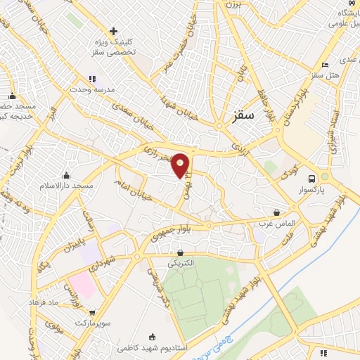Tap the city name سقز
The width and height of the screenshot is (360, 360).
(x=241, y=117)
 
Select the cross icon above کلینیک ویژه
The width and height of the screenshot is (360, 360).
(x=114, y=32)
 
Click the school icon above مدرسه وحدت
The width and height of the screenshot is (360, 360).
(x=91, y=79)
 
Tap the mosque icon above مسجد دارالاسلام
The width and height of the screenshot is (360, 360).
(x=66, y=175)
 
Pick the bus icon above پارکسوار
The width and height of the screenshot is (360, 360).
(x=324, y=178)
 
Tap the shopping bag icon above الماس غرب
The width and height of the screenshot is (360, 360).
(x=277, y=212)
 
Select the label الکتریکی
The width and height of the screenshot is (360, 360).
(x=183, y=264)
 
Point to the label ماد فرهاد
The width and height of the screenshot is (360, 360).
(x=63, y=302)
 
